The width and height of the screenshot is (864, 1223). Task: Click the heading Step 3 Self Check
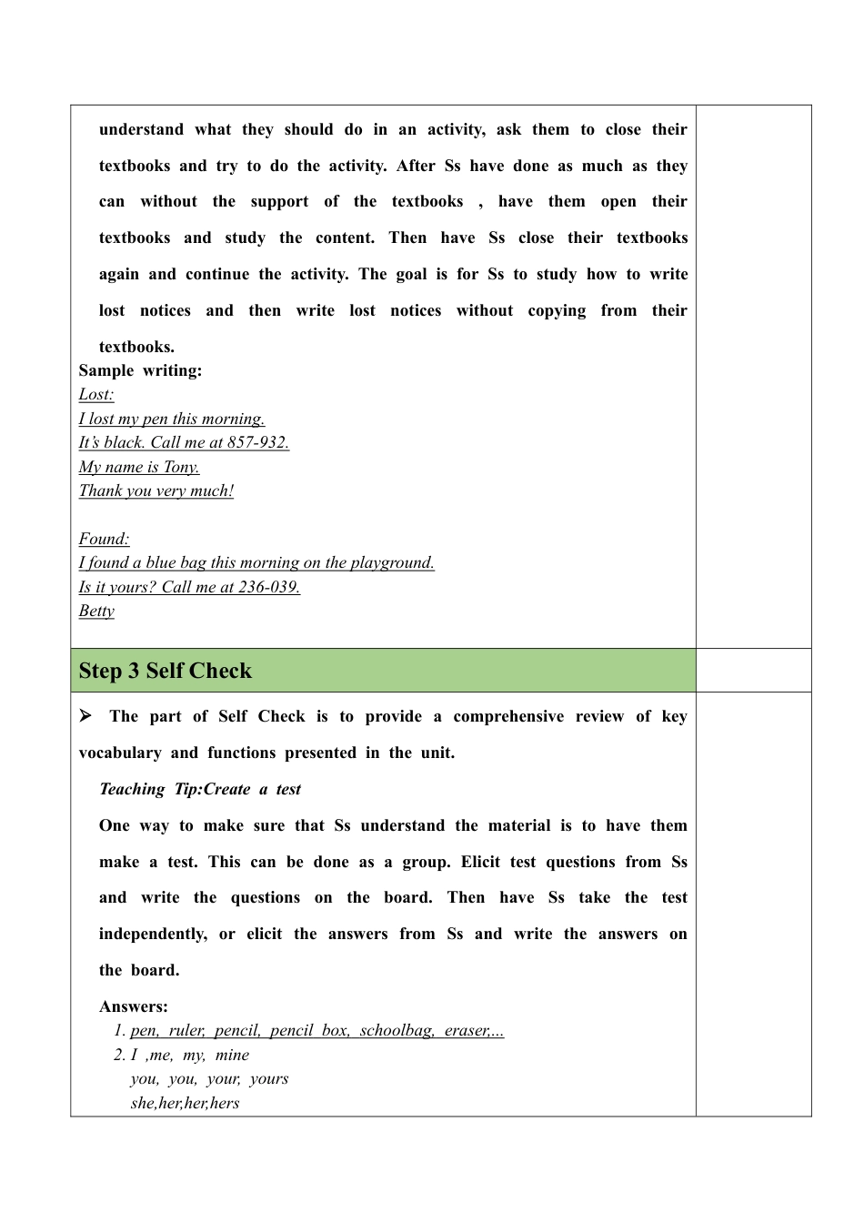[165, 671]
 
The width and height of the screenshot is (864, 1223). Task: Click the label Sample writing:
[140, 370]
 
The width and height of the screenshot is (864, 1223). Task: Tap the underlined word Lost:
[96, 395]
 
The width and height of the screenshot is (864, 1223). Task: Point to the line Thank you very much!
[156, 491]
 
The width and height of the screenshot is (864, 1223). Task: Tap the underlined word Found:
[104, 539]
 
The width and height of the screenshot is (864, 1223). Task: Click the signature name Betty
[96, 611]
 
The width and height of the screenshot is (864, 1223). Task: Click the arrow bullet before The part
[86, 716]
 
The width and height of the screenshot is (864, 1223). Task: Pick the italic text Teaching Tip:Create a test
[199, 789]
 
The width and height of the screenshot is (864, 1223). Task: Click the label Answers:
[133, 1006]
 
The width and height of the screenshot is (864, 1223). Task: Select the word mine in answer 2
[232, 1055]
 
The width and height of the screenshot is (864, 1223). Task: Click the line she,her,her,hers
[185, 1103]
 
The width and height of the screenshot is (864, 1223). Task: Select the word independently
[153, 934]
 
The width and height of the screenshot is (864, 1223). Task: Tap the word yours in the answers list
[269, 1079]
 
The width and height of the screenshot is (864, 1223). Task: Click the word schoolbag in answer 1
[396, 1031]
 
